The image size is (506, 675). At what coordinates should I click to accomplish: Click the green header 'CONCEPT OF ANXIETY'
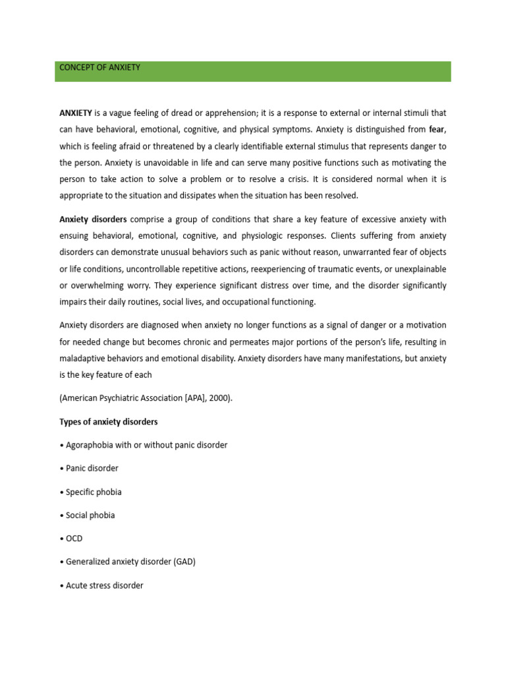100,67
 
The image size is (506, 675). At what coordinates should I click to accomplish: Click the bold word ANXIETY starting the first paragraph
76,113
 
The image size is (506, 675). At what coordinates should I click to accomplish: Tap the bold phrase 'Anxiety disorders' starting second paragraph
94,219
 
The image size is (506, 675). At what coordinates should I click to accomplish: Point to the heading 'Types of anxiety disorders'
109,421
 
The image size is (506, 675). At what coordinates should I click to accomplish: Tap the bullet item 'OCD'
74,539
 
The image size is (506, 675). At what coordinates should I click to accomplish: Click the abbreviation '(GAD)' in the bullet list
184,562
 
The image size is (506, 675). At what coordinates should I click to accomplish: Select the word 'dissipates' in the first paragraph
193,195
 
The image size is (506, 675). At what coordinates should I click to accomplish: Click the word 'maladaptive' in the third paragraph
83,359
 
